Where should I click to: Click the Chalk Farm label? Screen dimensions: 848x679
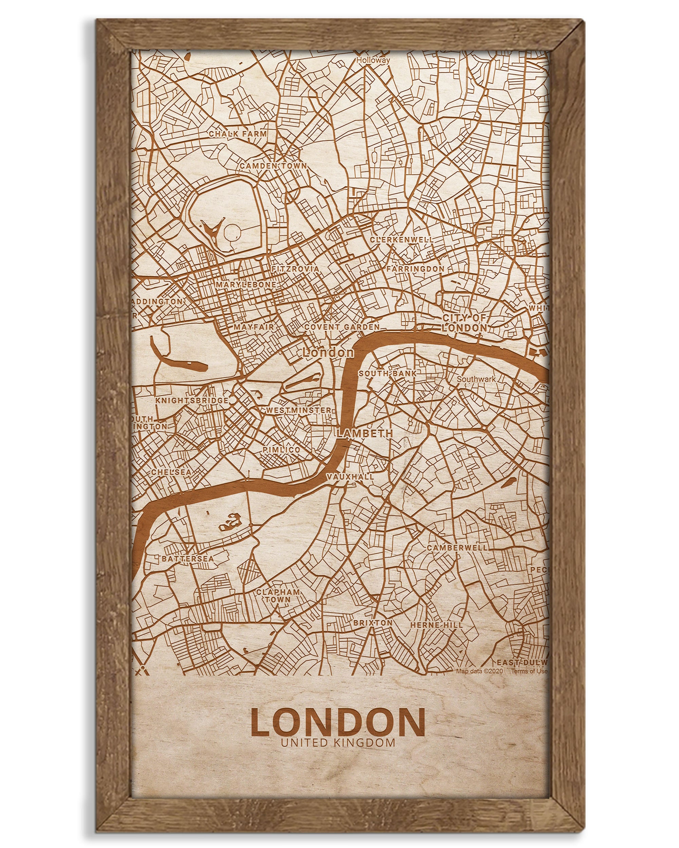pyautogui.click(x=237, y=134)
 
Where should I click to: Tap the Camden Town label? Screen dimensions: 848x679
pyautogui.click(x=273, y=166)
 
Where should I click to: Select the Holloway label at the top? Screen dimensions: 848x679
pyautogui.click(x=373, y=60)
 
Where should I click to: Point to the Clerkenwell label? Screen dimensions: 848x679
pyautogui.click(x=402, y=239)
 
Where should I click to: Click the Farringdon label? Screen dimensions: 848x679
pyautogui.click(x=415, y=269)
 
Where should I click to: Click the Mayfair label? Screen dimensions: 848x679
pyautogui.click(x=254, y=326)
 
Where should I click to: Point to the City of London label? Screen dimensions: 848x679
pyautogui.click(x=464, y=323)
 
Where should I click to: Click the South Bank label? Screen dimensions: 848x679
pyautogui.click(x=387, y=373)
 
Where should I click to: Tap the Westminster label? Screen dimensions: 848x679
pyautogui.click(x=299, y=410)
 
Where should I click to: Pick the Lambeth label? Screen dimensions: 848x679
pyautogui.click(x=365, y=433)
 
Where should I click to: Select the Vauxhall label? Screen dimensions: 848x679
pyautogui.click(x=350, y=476)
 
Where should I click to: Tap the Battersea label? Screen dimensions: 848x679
pyautogui.click(x=188, y=559)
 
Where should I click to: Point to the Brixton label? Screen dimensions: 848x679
pyautogui.click(x=373, y=623)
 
